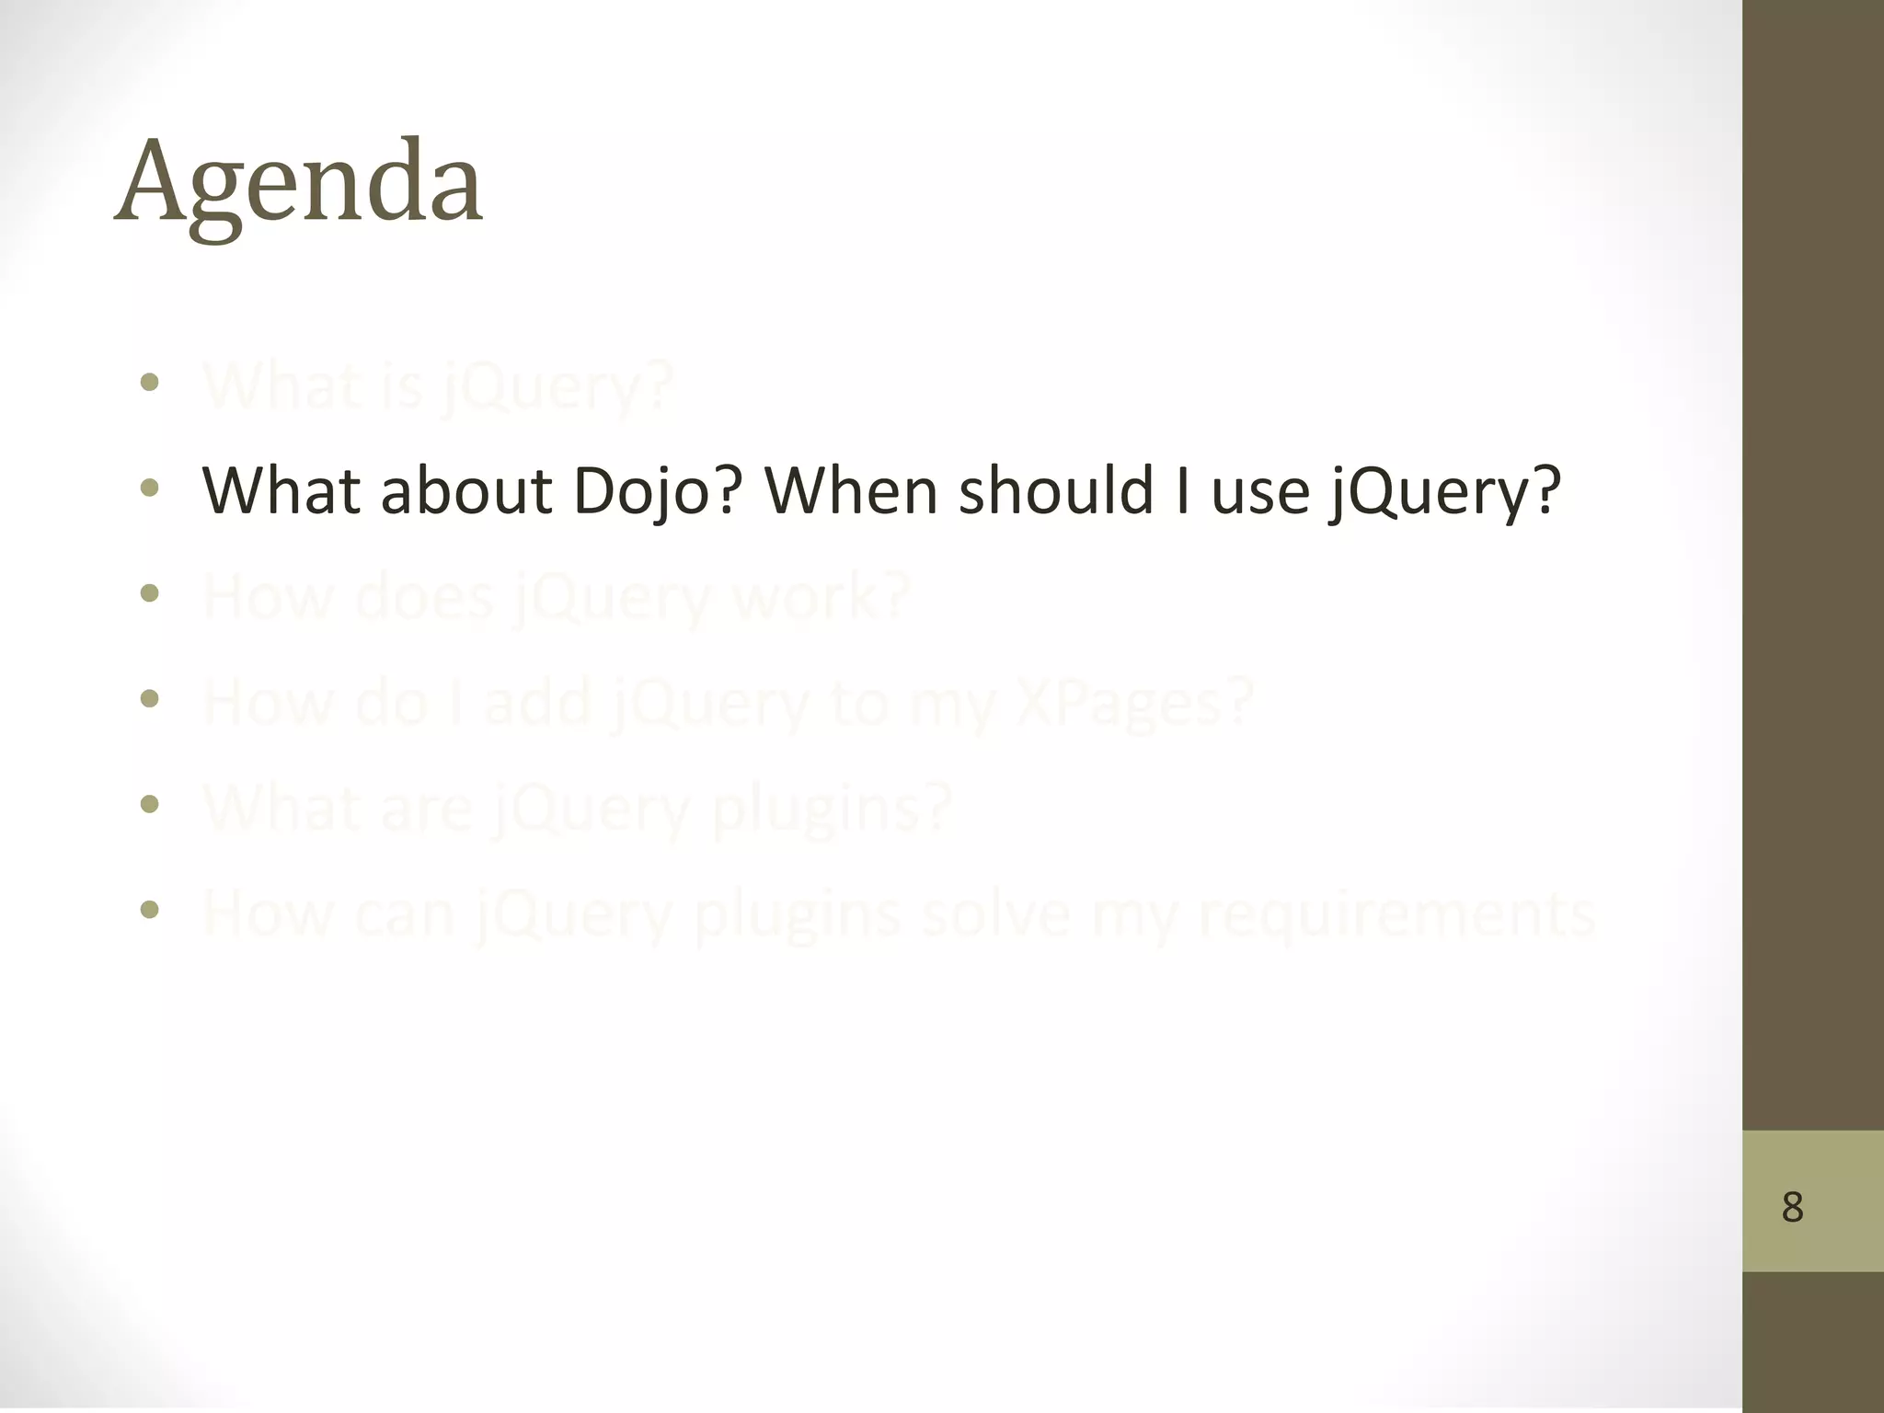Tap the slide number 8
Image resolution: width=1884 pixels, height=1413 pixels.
click(1792, 1207)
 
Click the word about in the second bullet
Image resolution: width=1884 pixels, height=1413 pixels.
click(465, 490)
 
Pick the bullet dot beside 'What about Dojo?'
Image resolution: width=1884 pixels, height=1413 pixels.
click(150, 488)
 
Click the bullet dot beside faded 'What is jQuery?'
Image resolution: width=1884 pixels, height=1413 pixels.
click(150, 382)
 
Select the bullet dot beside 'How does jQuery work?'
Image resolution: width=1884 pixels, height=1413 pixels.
click(150, 593)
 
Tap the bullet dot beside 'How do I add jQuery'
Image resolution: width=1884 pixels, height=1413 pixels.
click(150, 699)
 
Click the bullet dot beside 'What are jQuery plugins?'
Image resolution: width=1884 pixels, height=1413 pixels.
click(150, 805)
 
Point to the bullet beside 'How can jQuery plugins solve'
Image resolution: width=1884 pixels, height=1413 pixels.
click(150, 910)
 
